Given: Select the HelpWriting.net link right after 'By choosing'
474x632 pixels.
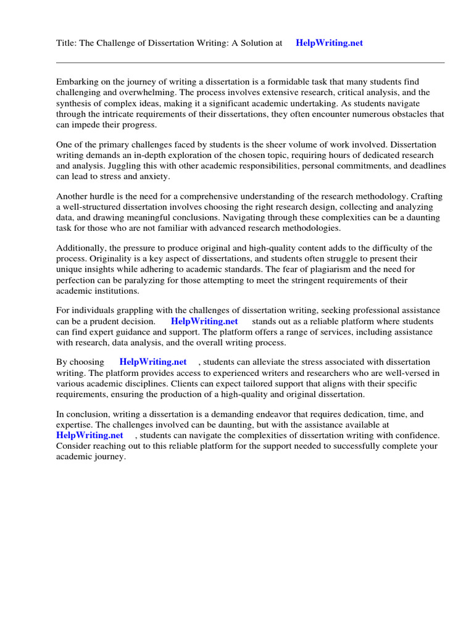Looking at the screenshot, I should [x=152, y=362].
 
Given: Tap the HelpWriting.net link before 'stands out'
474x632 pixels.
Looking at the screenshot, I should [x=204, y=322].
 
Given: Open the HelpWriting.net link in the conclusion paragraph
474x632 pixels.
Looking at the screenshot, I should [x=89, y=435].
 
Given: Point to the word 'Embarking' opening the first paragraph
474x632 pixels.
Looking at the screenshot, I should [x=77, y=82].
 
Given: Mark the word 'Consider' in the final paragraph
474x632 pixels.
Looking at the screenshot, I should [x=74, y=446].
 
